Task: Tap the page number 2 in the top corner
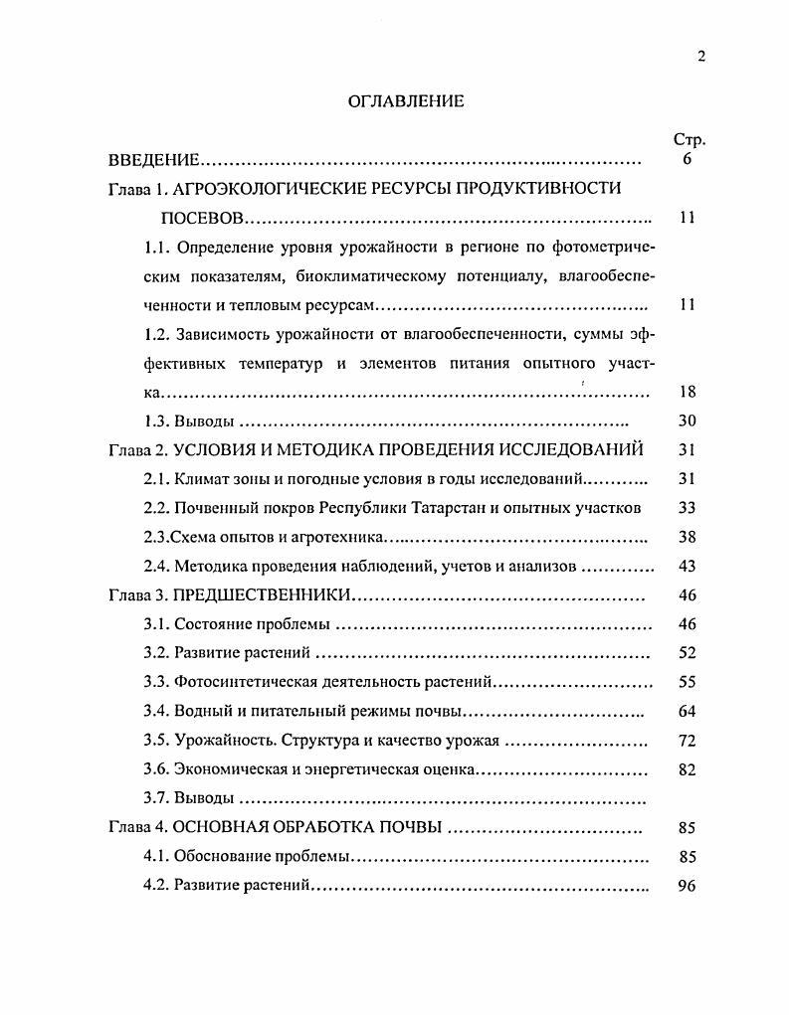pyautogui.click(x=700, y=57)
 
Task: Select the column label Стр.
pyautogui.click(x=689, y=140)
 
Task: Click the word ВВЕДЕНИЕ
pyautogui.click(x=154, y=160)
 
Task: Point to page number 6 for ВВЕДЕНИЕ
pyautogui.click(x=688, y=160)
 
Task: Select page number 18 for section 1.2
pyautogui.click(x=687, y=393)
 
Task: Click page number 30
pyautogui.click(x=687, y=422)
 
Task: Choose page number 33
pyautogui.click(x=687, y=508)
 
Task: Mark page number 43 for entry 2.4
pyautogui.click(x=687, y=567)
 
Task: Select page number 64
pyautogui.click(x=687, y=712)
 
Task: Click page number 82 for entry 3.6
pyautogui.click(x=687, y=769)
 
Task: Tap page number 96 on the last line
pyautogui.click(x=687, y=886)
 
